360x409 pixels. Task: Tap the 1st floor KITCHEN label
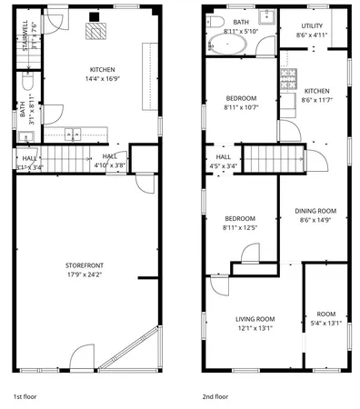pos(102,69)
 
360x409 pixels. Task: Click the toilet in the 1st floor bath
pos(26,86)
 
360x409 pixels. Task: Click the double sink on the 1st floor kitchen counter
pos(74,135)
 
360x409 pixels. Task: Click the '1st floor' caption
pos(25,397)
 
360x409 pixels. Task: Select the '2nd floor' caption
pos(215,397)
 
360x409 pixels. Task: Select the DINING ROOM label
pos(315,211)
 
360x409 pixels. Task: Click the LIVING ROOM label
pos(255,319)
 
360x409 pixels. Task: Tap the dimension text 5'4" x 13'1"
pos(325,323)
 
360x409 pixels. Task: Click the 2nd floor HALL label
pos(223,156)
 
